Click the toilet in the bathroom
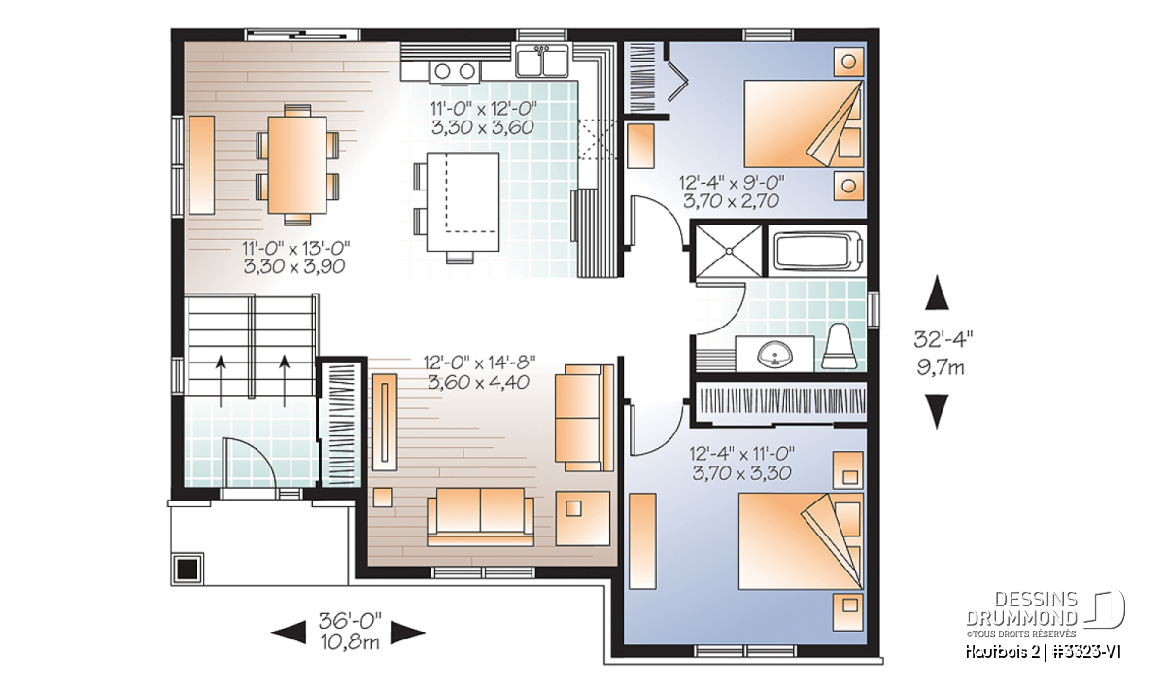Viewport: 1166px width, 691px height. tap(840, 347)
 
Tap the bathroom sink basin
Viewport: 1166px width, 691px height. tap(774, 355)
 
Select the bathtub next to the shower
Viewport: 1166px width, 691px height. tap(817, 252)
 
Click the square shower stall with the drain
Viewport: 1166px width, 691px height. tap(729, 251)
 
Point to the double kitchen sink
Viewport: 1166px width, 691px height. tap(541, 61)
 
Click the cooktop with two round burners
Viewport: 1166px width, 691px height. tap(455, 71)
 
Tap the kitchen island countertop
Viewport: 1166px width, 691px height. tap(463, 201)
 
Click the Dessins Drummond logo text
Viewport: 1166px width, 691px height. tap(1021, 609)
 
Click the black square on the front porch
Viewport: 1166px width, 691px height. tap(188, 570)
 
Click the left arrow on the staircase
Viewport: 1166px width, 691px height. tap(221, 381)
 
